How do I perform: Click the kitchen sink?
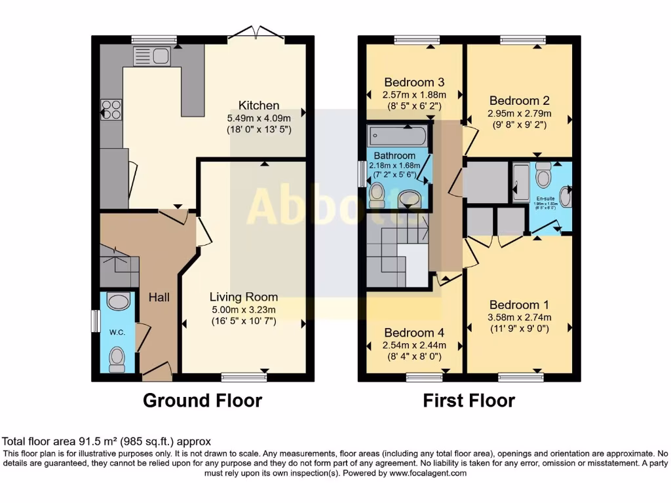click(x=151, y=56)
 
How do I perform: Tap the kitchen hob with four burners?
click(x=111, y=109)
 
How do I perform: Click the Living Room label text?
click(x=243, y=297)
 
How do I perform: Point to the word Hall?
click(x=159, y=297)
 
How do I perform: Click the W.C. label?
click(x=117, y=332)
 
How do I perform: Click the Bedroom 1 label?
click(x=520, y=305)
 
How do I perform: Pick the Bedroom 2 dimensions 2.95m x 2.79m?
click(x=520, y=113)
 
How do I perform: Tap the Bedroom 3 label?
click(x=414, y=82)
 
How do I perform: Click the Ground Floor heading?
click(x=202, y=400)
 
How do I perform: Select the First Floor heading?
click(x=469, y=400)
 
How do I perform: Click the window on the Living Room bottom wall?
click(x=244, y=377)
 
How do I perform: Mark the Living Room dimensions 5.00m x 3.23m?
click(x=243, y=309)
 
